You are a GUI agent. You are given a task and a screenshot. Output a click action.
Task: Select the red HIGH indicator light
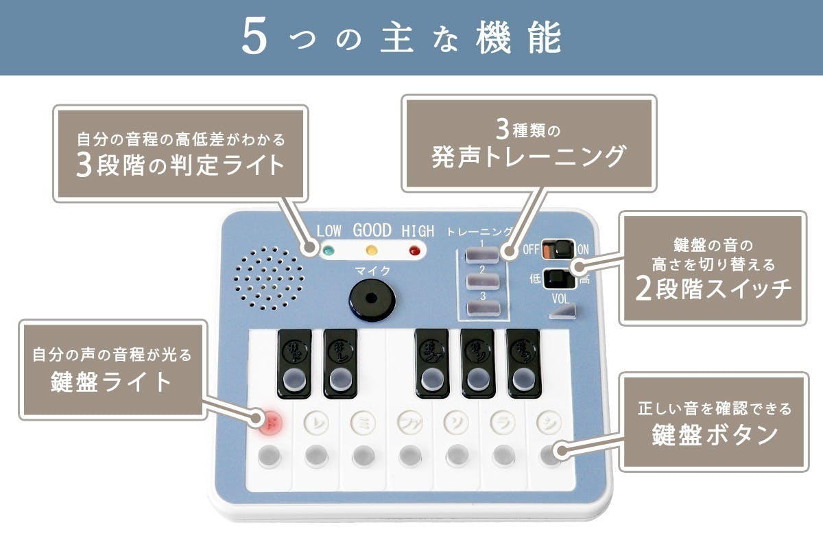(414, 250)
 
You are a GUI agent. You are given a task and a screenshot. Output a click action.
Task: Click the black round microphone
(370, 300)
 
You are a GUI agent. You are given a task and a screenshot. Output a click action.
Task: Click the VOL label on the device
(561, 299)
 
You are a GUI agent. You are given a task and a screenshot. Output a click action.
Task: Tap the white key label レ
(315, 420)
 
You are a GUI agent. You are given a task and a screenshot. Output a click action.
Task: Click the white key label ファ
(409, 420)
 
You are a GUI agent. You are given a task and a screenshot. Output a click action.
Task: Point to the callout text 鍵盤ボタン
(713, 434)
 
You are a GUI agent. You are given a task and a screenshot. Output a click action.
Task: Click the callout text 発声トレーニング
(528, 157)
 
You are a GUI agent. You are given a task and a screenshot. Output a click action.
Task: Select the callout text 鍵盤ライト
(112, 382)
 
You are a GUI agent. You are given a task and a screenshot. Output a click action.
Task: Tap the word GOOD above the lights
(372, 231)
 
